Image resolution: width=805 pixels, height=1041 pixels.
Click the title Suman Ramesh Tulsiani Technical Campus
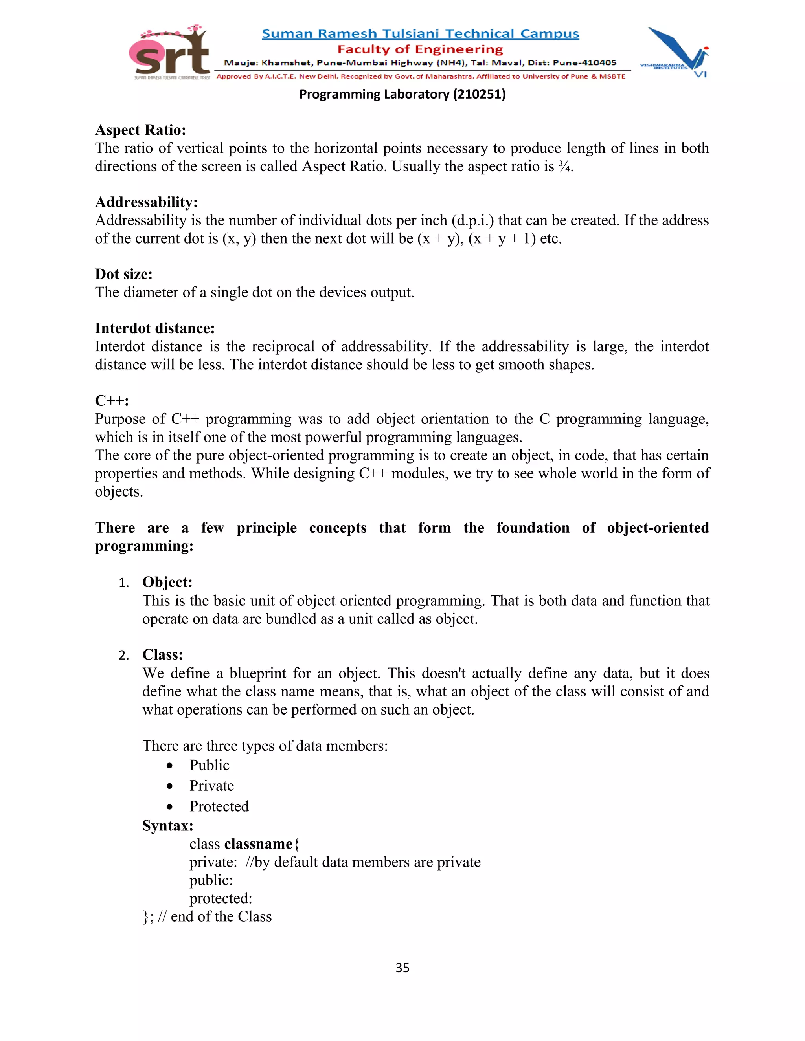click(420, 34)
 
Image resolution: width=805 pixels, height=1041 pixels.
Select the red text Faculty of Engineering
click(420, 49)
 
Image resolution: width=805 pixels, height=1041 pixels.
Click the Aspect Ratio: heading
click(140, 130)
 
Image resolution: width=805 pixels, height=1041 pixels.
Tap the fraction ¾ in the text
click(564, 166)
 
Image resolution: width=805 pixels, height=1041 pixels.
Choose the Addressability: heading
click(146, 202)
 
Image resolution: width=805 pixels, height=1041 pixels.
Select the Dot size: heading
click(123, 274)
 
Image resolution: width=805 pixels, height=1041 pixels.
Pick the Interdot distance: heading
click(154, 328)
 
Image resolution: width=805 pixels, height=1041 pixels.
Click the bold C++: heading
click(112, 400)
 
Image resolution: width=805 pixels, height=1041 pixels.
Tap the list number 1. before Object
click(123, 583)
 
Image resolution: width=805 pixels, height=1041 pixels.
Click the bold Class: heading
click(162, 654)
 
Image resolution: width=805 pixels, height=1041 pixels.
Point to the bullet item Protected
click(219, 806)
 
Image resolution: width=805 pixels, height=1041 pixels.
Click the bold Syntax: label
click(167, 826)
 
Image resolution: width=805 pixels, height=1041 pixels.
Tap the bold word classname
click(258, 844)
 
